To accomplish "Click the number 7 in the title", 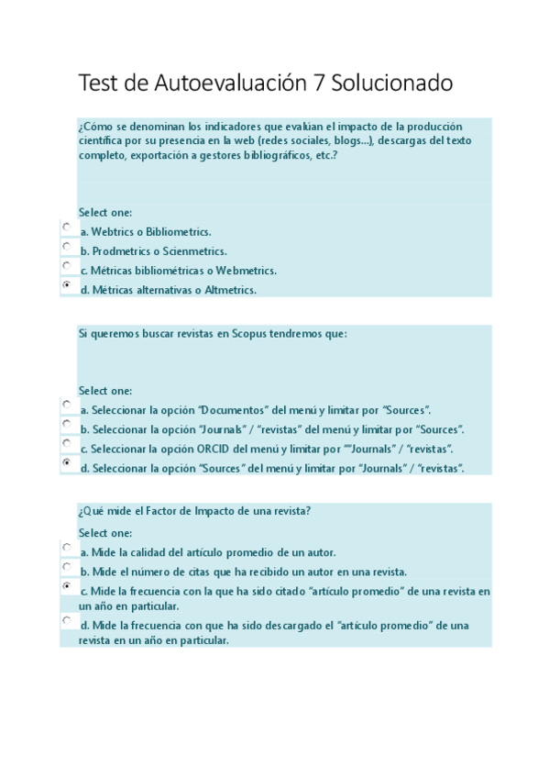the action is pos(317,84).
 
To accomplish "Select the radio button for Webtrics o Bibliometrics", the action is pos(67,227).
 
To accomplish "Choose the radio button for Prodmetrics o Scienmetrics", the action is pos(67,246).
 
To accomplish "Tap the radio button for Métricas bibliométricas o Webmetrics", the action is pos(67,265).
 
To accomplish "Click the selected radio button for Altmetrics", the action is pos(67,285).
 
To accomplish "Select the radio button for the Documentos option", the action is pos(67,405).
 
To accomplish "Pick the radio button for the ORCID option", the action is pos(67,443).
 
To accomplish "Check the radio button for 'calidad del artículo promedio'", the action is pos(67,547).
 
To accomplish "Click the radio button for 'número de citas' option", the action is pos(67,566).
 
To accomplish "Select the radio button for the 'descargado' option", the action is pos(67,620).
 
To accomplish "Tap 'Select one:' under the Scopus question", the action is pos(105,390).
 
